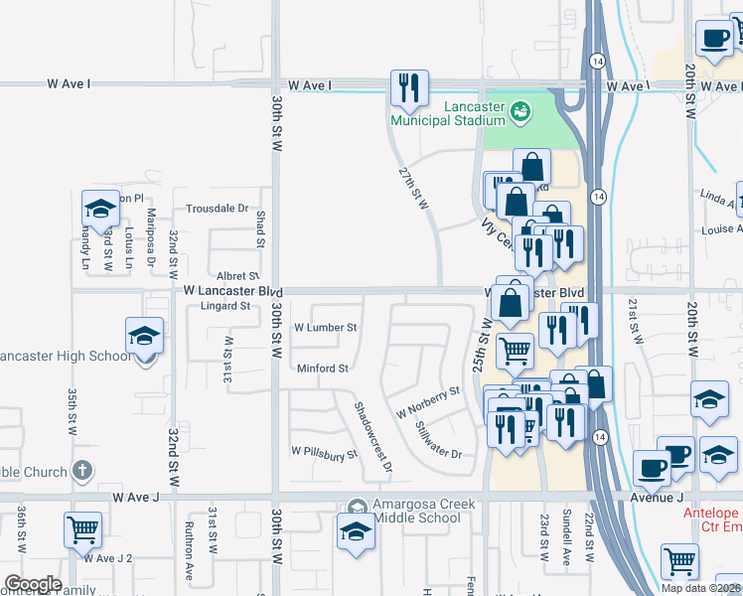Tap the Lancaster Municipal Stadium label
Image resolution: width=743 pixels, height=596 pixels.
(x=447, y=113)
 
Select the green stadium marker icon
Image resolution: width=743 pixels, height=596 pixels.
(x=520, y=114)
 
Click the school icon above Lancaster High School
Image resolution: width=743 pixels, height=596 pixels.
(x=145, y=337)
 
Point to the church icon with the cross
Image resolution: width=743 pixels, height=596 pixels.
(x=82, y=471)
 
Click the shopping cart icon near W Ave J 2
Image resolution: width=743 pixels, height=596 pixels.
(x=83, y=529)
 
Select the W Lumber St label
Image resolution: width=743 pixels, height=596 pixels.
(x=325, y=327)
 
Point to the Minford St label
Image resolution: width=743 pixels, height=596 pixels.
(x=323, y=369)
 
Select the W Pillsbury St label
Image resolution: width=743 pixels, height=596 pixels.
(x=324, y=453)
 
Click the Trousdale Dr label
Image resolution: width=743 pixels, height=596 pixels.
(x=218, y=209)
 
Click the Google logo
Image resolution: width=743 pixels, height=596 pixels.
(x=33, y=583)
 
